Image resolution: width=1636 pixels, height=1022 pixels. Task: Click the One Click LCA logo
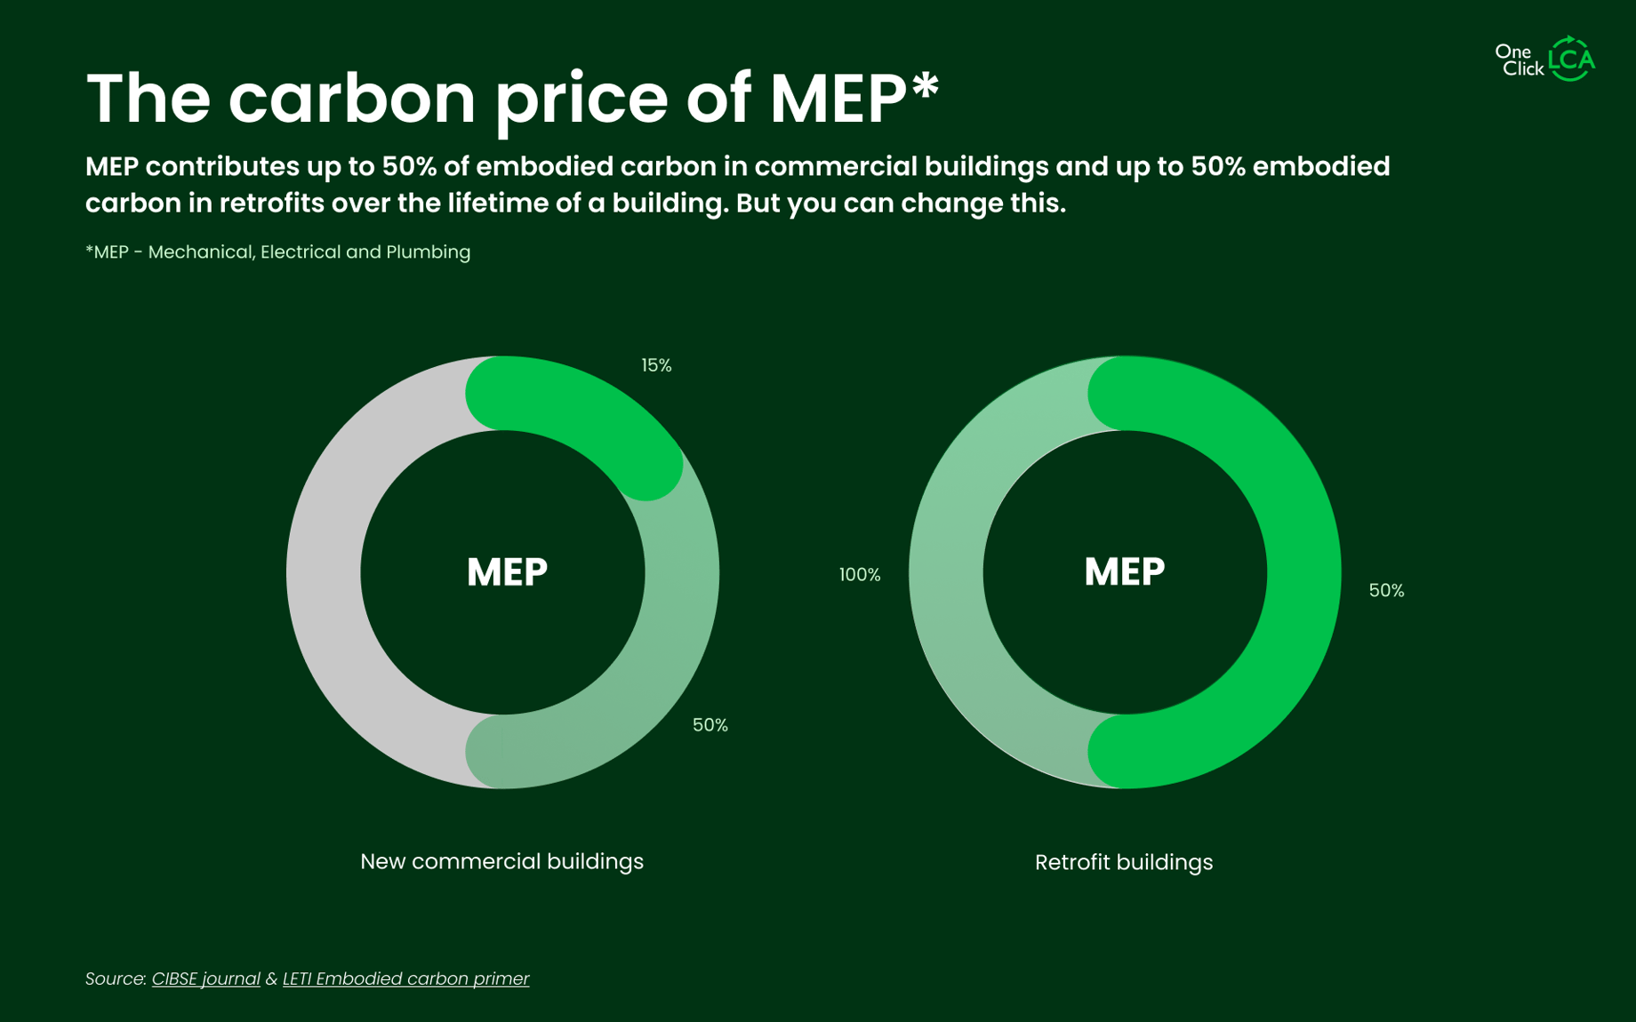(1545, 59)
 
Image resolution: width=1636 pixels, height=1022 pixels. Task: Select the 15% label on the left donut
(656, 365)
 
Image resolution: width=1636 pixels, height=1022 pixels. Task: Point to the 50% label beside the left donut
(710, 725)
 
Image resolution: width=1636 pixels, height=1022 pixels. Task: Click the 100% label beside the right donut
(860, 575)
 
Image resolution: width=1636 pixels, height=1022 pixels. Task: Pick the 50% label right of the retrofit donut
(1386, 591)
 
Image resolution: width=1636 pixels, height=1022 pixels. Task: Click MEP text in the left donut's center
(507, 572)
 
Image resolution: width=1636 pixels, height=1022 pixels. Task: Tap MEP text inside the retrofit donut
(1124, 572)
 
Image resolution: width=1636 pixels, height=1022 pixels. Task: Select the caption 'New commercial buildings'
(501, 861)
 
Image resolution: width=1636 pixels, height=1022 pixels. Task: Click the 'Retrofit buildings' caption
(1123, 862)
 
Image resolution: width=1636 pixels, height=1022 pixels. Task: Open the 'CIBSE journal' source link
(205, 978)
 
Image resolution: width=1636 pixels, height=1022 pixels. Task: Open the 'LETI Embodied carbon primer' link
(405, 978)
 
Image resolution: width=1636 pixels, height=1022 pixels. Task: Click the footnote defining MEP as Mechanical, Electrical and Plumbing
(277, 252)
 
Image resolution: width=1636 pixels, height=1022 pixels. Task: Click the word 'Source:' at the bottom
(116, 978)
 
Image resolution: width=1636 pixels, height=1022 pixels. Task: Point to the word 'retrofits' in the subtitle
(271, 204)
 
